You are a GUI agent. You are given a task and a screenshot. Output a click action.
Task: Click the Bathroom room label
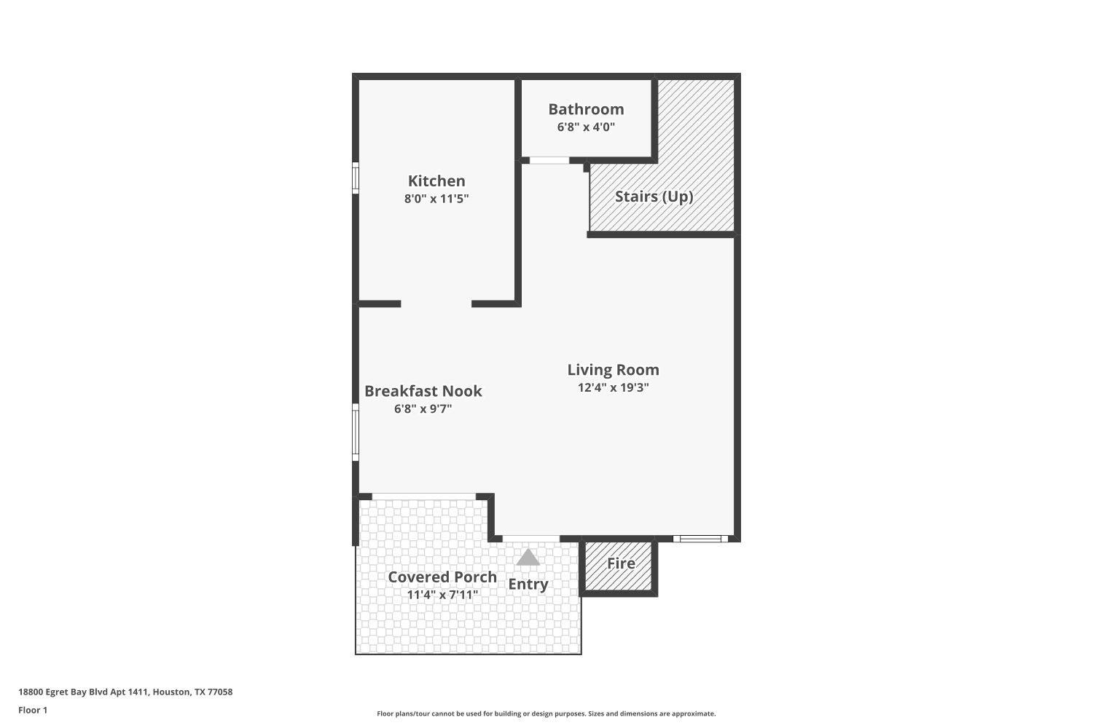click(586, 109)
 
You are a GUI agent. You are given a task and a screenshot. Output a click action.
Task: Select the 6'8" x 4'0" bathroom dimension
click(586, 127)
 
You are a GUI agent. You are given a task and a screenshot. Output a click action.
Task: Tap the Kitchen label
click(436, 181)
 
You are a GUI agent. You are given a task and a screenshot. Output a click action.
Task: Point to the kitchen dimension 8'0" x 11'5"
click(436, 199)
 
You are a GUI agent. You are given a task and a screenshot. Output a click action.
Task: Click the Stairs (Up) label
click(654, 197)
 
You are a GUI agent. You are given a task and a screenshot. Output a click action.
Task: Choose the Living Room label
click(614, 370)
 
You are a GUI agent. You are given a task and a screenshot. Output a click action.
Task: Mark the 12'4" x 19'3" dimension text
click(614, 387)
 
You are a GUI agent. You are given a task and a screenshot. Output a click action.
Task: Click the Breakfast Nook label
click(423, 391)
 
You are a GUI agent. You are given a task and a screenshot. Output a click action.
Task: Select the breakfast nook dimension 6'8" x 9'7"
click(423, 408)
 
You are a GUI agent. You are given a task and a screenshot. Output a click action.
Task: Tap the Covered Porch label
click(442, 577)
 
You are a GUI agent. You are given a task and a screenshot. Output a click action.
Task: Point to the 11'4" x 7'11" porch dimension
click(442, 595)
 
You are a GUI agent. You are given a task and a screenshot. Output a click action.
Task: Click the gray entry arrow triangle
click(528, 558)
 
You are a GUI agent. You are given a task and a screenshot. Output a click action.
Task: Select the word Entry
click(528, 584)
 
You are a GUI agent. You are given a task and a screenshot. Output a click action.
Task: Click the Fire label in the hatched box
click(621, 563)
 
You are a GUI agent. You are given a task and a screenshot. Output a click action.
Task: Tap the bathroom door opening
click(549, 160)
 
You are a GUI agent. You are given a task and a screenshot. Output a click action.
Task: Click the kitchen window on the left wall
click(356, 178)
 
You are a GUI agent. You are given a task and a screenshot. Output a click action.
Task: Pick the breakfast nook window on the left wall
click(356, 432)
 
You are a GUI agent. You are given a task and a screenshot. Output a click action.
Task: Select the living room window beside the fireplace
click(701, 539)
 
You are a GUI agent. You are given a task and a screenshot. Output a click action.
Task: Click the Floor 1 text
click(33, 710)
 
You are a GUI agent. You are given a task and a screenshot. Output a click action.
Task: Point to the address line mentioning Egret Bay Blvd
click(125, 692)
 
